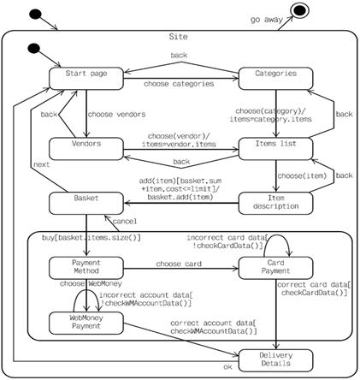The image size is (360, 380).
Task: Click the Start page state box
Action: (x=86, y=79)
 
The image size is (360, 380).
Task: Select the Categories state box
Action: (x=275, y=79)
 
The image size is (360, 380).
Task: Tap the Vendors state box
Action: (x=86, y=149)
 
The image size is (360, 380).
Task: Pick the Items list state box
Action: (x=275, y=149)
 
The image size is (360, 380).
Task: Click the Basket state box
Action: (x=86, y=203)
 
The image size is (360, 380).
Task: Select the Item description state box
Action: (x=275, y=203)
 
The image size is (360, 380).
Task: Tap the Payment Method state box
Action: (x=86, y=268)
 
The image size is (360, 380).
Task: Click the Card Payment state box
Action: (x=275, y=268)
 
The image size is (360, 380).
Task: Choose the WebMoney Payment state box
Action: (x=86, y=323)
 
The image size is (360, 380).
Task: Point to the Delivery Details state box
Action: (x=275, y=360)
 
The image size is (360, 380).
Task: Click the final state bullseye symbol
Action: (x=299, y=10)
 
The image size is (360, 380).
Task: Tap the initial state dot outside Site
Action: (x=35, y=14)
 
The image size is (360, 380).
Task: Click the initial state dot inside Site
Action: (x=33, y=48)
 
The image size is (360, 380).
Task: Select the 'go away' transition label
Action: (x=267, y=20)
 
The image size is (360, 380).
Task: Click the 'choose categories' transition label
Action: (x=179, y=84)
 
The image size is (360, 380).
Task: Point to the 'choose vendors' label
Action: (x=116, y=115)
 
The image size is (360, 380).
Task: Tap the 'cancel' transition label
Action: (x=125, y=221)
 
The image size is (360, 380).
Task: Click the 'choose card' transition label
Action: (x=179, y=264)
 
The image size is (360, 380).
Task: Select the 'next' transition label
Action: (x=42, y=164)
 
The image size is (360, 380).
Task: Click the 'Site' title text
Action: (x=179, y=37)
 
